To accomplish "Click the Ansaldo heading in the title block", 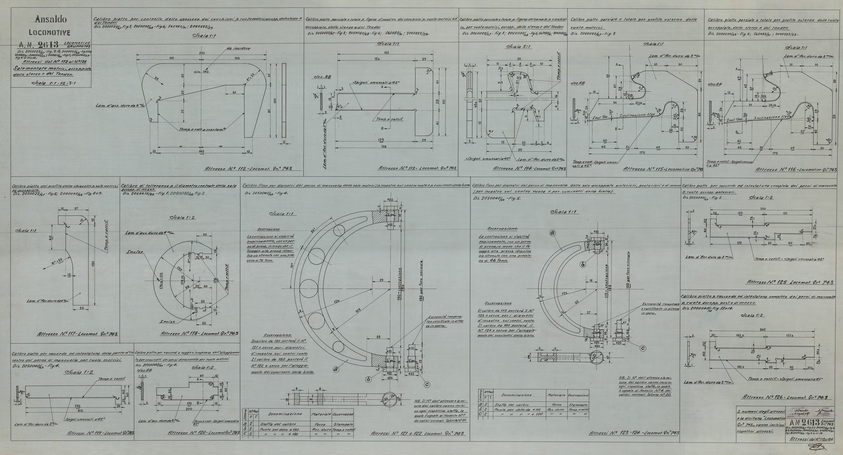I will pyautogui.click(x=51, y=20).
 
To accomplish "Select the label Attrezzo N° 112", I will pyautogui.click(x=248, y=169).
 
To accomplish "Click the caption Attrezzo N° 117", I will pyautogui.click(x=78, y=334).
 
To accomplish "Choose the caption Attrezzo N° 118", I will pyautogui.click(x=199, y=334).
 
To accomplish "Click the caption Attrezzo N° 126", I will pyautogui.click(x=787, y=397).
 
